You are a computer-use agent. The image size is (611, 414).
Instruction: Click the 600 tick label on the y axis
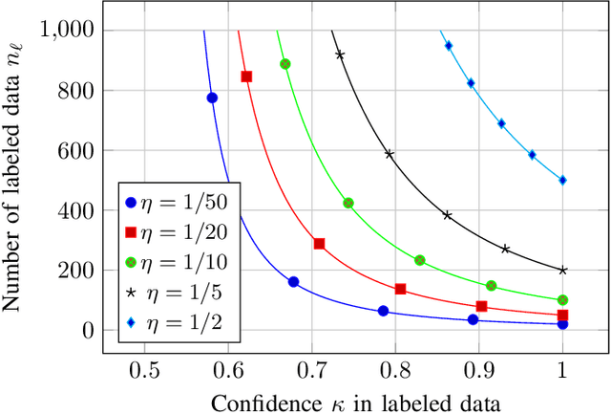tap(77, 150)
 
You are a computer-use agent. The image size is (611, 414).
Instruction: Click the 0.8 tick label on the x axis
tap(395, 370)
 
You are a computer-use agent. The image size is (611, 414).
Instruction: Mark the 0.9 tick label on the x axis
tap(479, 370)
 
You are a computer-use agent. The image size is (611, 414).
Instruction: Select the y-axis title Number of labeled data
tap(16, 180)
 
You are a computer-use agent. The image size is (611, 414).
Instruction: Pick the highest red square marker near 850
tap(246, 76)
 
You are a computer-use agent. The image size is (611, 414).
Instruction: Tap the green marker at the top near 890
tap(284, 64)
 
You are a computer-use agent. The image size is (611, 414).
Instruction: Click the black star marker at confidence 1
tap(562, 271)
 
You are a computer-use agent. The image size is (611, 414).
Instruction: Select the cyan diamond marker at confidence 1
tap(562, 180)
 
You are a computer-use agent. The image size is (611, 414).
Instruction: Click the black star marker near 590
tap(389, 154)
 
